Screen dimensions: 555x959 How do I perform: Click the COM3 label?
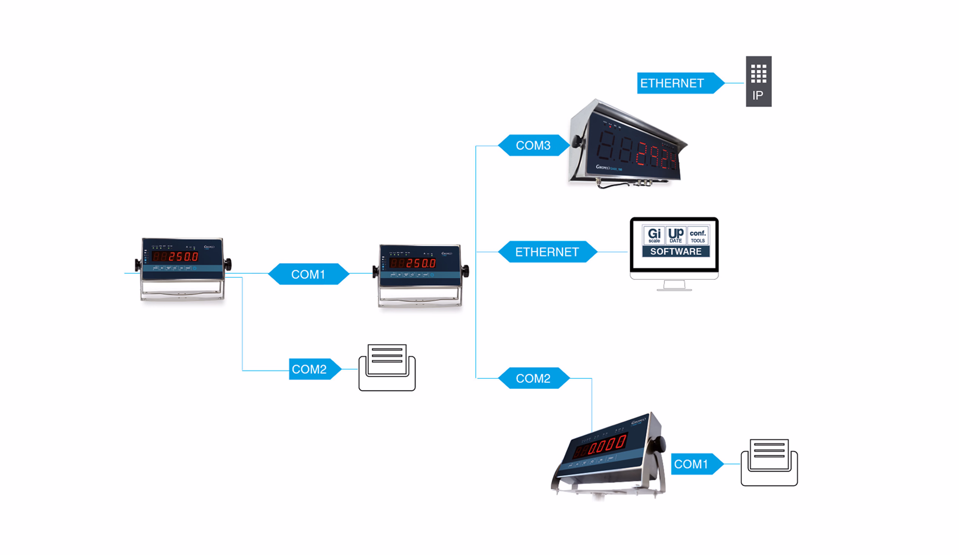tap(533, 145)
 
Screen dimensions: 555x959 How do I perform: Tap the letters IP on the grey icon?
tap(758, 96)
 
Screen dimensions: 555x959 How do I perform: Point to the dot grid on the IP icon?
tap(759, 73)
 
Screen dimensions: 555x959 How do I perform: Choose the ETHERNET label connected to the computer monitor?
tap(547, 252)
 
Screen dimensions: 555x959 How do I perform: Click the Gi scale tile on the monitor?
tap(654, 235)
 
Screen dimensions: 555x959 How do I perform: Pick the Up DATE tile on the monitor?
tap(676, 235)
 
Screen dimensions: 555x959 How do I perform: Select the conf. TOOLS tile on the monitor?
tap(698, 235)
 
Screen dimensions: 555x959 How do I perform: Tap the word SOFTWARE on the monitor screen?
tap(675, 251)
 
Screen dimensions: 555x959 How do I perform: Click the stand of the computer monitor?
tap(674, 286)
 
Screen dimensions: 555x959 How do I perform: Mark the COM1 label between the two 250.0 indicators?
tap(308, 274)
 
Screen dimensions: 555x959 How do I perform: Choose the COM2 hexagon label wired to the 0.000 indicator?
tap(533, 378)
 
